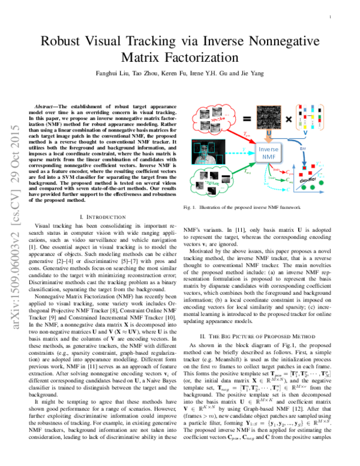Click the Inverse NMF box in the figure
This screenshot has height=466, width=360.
tap(266, 153)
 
